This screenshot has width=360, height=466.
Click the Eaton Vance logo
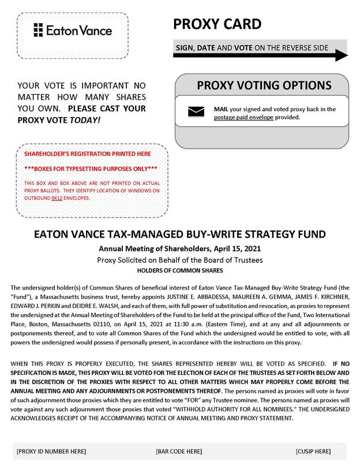72,30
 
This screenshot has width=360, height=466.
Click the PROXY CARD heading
217,24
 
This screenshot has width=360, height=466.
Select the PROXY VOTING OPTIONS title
264,85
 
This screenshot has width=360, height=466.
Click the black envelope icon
196,112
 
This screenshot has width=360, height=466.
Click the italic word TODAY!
85,119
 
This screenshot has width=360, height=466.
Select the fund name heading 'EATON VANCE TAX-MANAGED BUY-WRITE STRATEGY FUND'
180,235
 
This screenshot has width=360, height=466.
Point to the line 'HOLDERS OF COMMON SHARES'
180,270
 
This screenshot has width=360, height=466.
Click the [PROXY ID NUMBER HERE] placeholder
51,451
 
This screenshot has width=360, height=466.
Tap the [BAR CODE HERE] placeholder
179,451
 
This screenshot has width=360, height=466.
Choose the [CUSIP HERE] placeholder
313,451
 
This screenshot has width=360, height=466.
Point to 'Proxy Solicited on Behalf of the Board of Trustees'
180,260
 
